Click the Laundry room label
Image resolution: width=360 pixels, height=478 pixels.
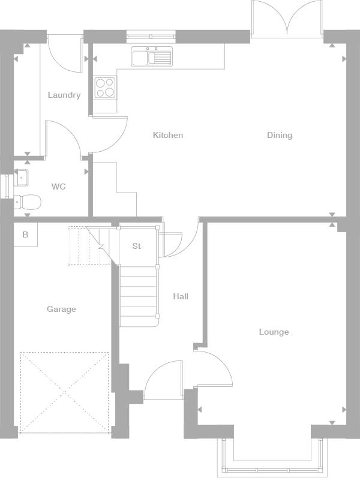click(x=64, y=95)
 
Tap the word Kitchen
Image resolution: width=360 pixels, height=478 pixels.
click(x=168, y=135)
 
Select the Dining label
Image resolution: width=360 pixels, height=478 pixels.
click(x=280, y=135)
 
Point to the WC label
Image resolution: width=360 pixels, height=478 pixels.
click(x=59, y=187)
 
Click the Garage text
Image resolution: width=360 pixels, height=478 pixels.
click(x=61, y=309)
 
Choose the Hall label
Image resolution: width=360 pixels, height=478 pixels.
click(x=181, y=296)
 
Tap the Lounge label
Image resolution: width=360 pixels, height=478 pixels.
click(x=274, y=332)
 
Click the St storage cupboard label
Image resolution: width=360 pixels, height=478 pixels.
click(x=136, y=246)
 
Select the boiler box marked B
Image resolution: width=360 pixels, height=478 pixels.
click(x=26, y=235)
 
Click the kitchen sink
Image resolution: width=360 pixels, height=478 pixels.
click(x=152, y=56)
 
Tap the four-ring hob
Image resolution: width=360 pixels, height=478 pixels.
click(x=105, y=88)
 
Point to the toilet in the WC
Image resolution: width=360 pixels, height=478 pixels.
click(x=28, y=202)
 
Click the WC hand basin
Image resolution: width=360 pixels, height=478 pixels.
click(x=21, y=178)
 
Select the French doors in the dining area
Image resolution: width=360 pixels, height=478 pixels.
click(x=287, y=20)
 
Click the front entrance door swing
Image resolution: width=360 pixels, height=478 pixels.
click(x=163, y=380)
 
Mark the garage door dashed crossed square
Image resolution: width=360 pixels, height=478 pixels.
click(x=65, y=392)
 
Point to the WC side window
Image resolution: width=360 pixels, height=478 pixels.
click(x=7, y=186)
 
